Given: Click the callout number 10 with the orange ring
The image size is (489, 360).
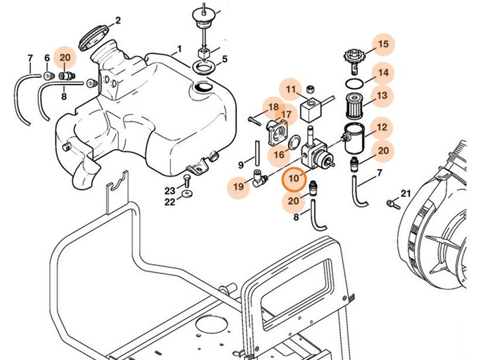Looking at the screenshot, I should pos(293,178).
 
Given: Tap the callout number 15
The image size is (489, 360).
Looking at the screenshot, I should pos(383,45).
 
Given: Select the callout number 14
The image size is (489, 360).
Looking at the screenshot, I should pos(383,73).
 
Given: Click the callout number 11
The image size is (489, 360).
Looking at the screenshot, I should pos(291,89).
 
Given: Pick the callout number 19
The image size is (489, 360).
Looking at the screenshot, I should pos(239,188).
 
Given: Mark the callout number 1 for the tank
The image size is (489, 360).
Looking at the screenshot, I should pos(178,50).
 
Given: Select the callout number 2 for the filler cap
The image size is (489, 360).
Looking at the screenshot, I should pos(118,20).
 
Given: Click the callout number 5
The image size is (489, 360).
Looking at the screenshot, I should pos(224,59).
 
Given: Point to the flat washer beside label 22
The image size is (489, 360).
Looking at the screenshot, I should pos(188,195).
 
